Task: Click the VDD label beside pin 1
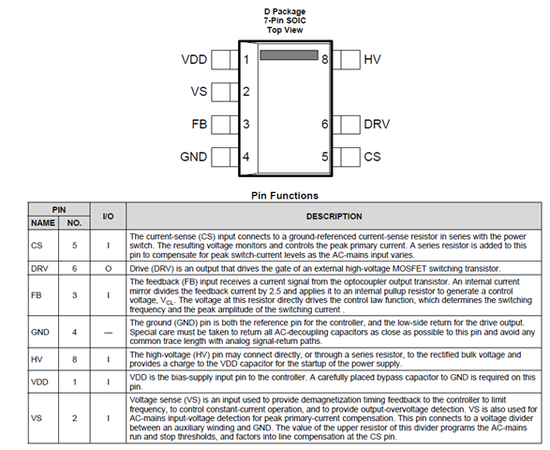pyautogui.click(x=194, y=59)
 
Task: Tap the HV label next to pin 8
pyautogui.click(x=372, y=59)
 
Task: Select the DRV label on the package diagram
pyautogui.click(x=377, y=124)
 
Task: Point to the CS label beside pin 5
pyautogui.click(x=372, y=157)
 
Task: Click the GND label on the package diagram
pyautogui.click(x=194, y=157)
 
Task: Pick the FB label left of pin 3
pyautogui.click(x=200, y=124)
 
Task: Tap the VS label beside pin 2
pyautogui.click(x=199, y=92)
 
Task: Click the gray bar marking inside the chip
pyautogui.click(x=289, y=54)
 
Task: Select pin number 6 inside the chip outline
pyautogui.click(x=325, y=124)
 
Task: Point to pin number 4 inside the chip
pyautogui.click(x=245, y=157)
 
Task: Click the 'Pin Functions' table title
pyautogui.click(x=285, y=196)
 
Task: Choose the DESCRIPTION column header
pyautogui.click(x=334, y=217)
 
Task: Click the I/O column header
pyautogui.click(x=108, y=217)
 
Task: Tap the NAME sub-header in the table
pyautogui.click(x=43, y=223)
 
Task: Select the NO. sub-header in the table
pyautogui.click(x=74, y=223)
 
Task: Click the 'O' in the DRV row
pyautogui.click(x=108, y=268)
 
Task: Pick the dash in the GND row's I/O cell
pyautogui.click(x=108, y=333)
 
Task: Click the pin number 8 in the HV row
pyautogui.click(x=74, y=359)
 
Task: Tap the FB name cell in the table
pyautogui.click(x=37, y=295)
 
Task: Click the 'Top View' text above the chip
pyautogui.click(x=285, y=30)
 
